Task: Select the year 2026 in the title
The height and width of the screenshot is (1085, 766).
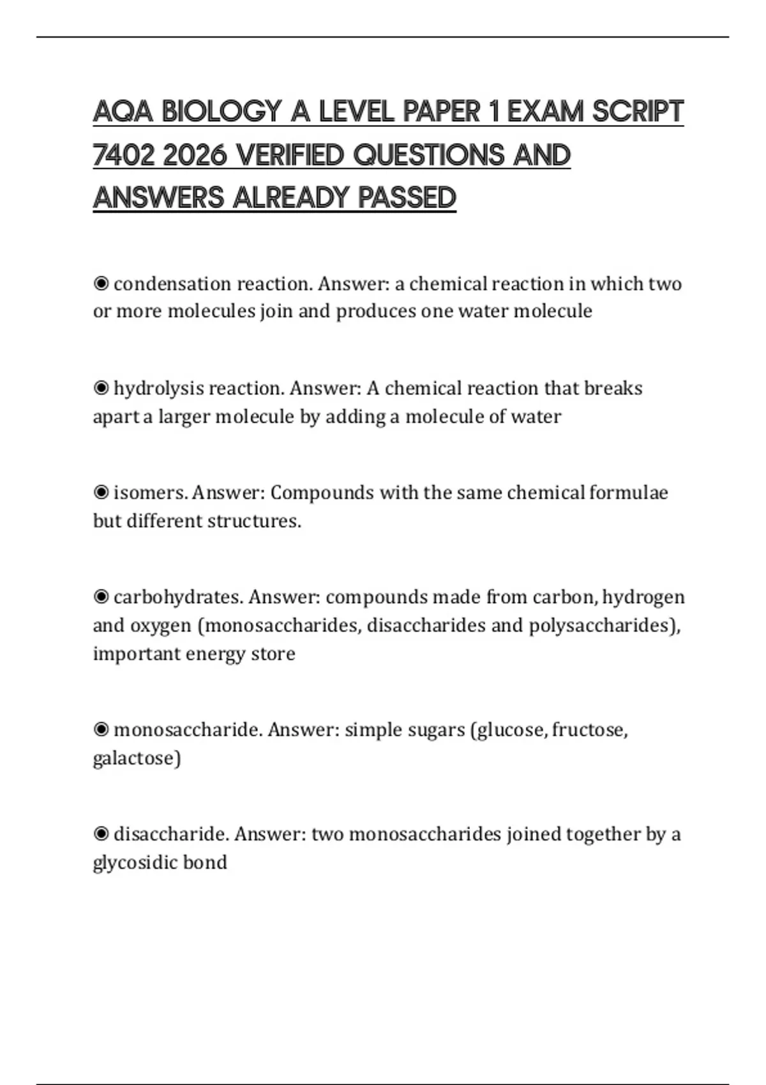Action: (195, 155)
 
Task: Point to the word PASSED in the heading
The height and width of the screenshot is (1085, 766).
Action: (407, 198)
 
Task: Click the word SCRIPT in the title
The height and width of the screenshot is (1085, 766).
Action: (638, 112)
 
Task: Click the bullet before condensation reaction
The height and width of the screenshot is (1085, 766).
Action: (101, 283)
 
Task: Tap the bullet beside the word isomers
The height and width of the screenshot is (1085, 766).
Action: (101, 493)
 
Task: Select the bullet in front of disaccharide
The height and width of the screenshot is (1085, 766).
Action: (101, 834)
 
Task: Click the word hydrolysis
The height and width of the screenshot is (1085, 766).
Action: (158, 389)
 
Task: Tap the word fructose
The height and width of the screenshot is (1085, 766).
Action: (589, 730)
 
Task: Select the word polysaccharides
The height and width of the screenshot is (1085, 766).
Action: (604, 625)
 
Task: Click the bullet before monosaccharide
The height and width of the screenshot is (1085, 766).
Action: (101, 730)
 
